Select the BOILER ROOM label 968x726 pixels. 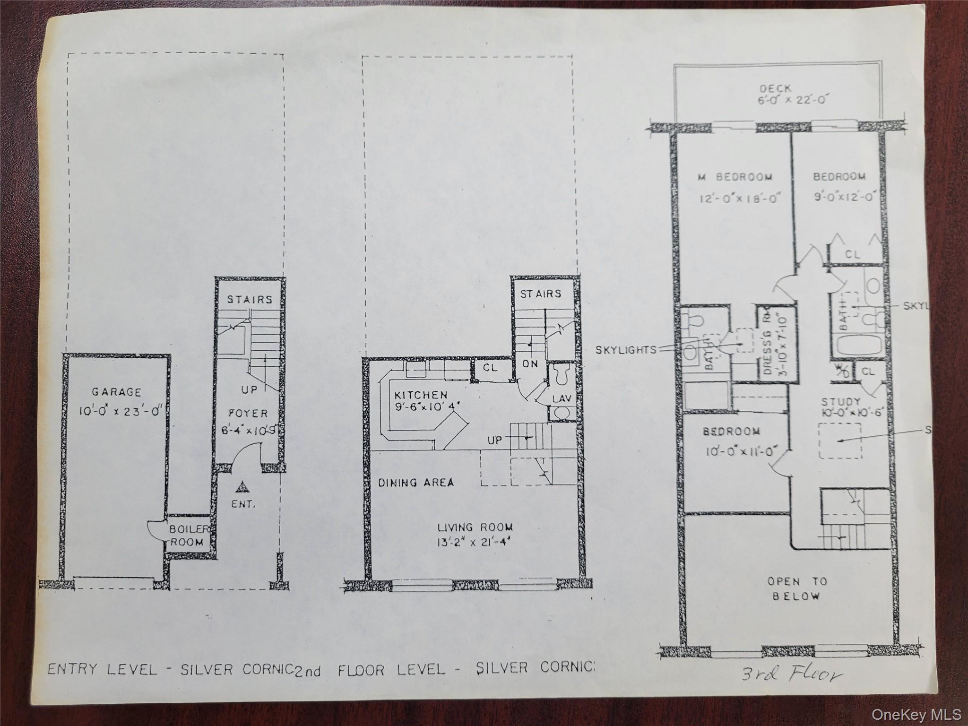187,536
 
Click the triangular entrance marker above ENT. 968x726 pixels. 242,486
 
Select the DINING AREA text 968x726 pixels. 416,483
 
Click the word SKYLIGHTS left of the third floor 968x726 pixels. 626,350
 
